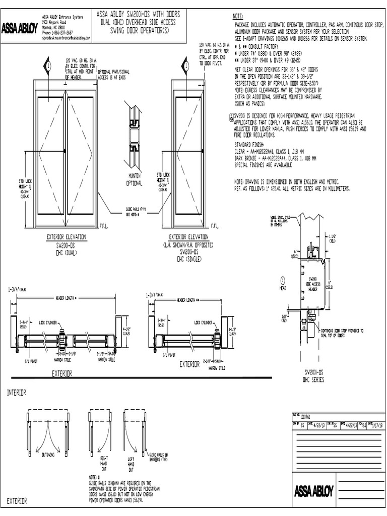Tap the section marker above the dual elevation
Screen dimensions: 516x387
[x=48, y=66]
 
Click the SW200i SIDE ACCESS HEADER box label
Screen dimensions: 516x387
[x=312, y=285]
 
